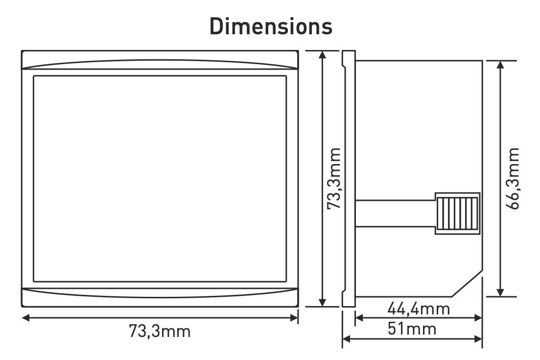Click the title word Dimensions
point(271,27)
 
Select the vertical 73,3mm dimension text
point(334,179)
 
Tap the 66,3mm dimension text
point(513,179)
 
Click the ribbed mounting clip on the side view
point(456,214)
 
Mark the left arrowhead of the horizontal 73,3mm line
point(26,318)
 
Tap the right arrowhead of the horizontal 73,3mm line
point(295,318)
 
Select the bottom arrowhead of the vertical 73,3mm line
point(322,303)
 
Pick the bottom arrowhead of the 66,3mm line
point(500,293)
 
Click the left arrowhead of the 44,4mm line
point(358,318)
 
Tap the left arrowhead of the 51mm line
point(346,337)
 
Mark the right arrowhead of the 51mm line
point(479,337)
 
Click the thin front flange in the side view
point(347,179)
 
